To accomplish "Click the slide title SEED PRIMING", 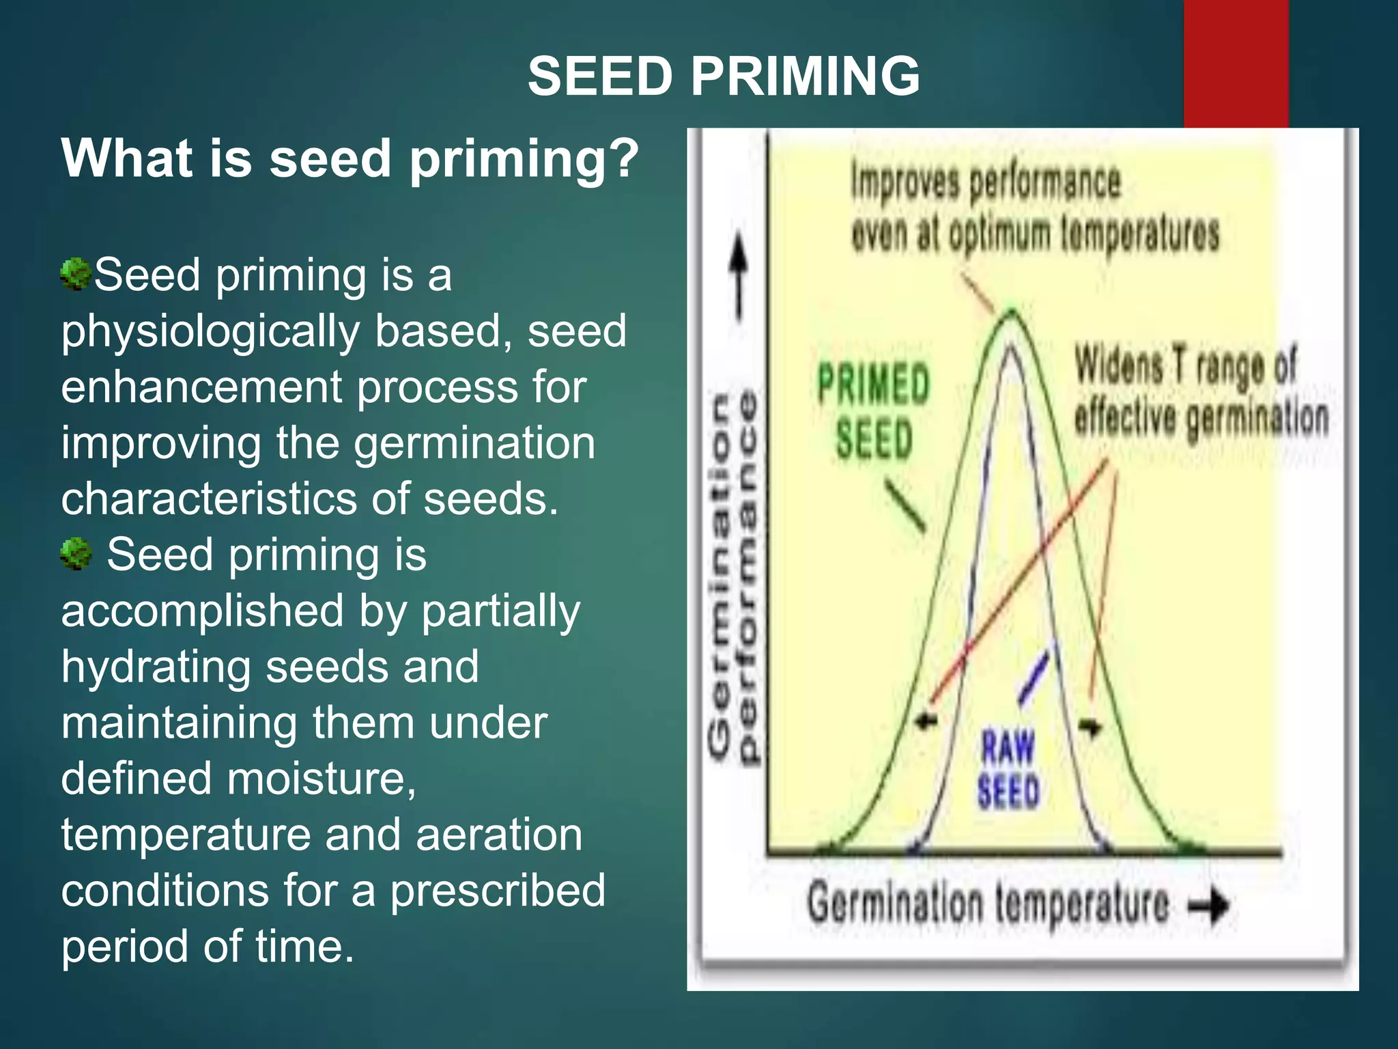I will point(724,76).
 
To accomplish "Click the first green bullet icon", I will point(75,275).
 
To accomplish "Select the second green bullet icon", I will point(75,553).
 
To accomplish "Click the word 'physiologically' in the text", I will point(210,332).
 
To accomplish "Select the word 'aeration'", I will point(499,835).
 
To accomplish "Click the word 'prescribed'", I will point(498,891).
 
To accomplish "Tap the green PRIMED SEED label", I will point(874,410).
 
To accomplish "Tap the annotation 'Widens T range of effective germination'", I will point(1201,391).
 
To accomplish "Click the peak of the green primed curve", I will point(1011,313).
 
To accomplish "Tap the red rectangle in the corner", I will point(1236,64).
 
